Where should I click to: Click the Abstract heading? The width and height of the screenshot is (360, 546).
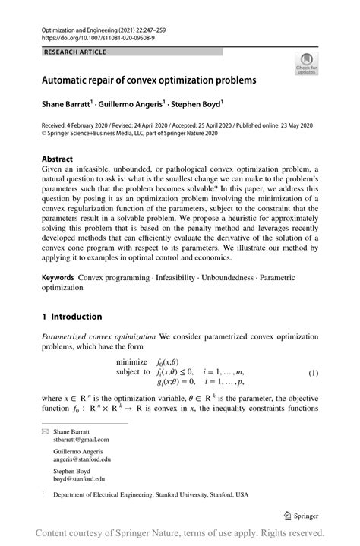tap(58, 159)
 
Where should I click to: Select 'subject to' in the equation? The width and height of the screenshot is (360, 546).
tap(133, 372)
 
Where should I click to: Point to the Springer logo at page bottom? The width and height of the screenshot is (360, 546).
tap(300, 514)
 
